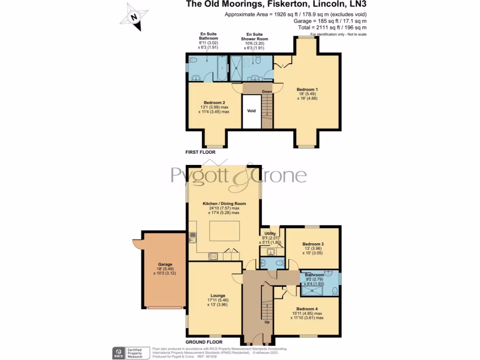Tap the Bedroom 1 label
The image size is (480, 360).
click(x=307, y=89)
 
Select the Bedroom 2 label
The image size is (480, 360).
click(x=214, y=103)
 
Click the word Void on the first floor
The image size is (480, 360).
click(x=252, y=111)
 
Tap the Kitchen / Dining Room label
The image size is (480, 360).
click(x=224, y=203)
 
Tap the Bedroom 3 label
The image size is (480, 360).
click(x=313, y=244)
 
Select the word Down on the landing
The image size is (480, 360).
click(x=267, y=91)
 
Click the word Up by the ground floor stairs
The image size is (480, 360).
click(x=267, y=322)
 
